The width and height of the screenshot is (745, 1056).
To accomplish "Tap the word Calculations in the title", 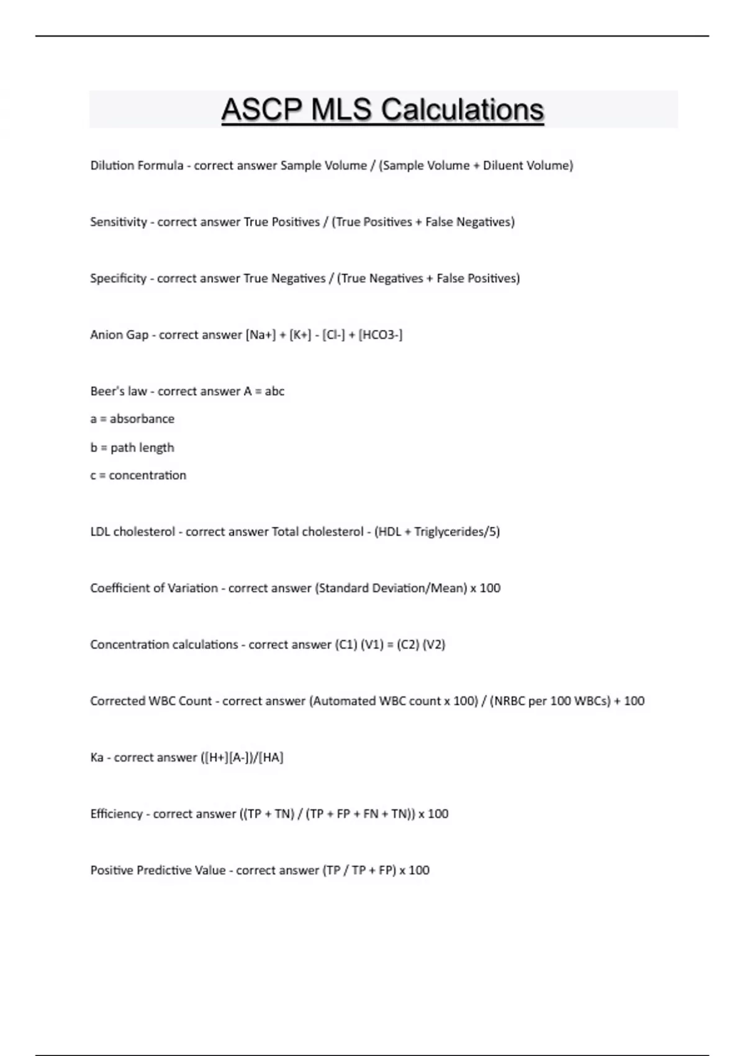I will pyautogui.click(x=463, y=110).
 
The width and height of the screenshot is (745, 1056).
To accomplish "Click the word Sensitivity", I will pyautogui.click(x=118, y=222).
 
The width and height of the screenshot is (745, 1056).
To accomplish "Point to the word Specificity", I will pyautogui.click(x=118, y=279).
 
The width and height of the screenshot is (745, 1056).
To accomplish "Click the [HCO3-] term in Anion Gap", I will pyautogui.click(x=381, y=335).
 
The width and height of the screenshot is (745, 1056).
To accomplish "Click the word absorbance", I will pyautogui.click(x=142, y=419).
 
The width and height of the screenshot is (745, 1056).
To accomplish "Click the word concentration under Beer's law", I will pyautogui.click(x=148, y=476).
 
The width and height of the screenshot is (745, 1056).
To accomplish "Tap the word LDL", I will pyautogui.click(x=100, y=532).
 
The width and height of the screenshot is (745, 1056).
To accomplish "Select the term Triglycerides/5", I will pyautogui.click(x=456, y=532).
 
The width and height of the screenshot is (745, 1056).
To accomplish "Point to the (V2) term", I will pyautogui.click(x=434, y=645).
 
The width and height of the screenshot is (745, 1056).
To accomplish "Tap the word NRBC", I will pyautogui.click(x=508, y=701).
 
